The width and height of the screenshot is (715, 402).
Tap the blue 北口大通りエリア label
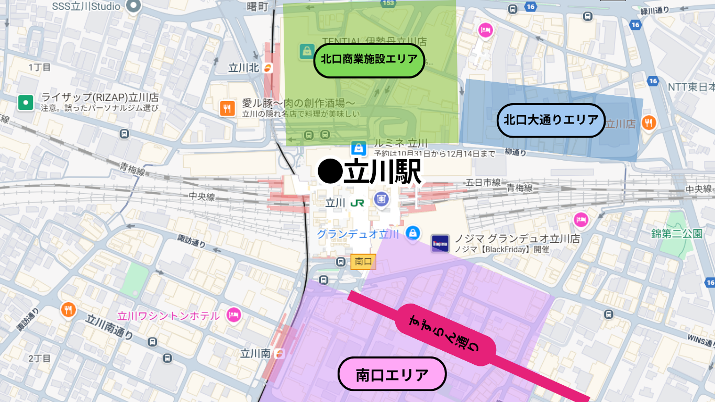point(551,120)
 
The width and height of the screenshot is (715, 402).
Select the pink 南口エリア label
point(392,375)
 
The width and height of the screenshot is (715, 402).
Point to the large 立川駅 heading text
point(370,171)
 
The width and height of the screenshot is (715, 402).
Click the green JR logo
point(358,203)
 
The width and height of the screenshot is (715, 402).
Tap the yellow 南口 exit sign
point(363,261)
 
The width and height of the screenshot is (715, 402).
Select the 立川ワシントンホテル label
point(169,316)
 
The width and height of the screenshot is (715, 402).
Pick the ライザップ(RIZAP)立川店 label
point(99,98)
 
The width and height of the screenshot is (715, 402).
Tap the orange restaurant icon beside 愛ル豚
point(227,108)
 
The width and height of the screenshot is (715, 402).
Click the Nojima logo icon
point(440,243)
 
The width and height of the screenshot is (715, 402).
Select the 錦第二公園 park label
point(677,233)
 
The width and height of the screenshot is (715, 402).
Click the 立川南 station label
point(255,354)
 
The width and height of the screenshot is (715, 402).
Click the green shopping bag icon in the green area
point(306,51)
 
